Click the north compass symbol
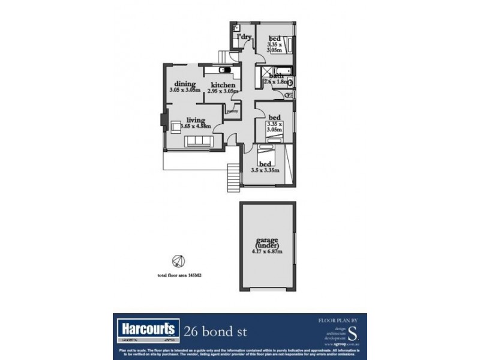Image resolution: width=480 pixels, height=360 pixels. pyautogui.click(x=178, y=260)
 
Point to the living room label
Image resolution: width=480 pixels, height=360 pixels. pyautogui.click(x=196, y=119)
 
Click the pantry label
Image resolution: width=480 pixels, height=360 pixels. pyautogui.click(x=232, y=111)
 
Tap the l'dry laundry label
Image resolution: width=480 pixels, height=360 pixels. pyautogui.click(x=244, y=38)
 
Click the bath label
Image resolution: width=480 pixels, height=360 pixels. pyautogui.click(x=276, y=76)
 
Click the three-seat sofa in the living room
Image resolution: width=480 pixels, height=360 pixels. pyautogui.click(x=197, y=142)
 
